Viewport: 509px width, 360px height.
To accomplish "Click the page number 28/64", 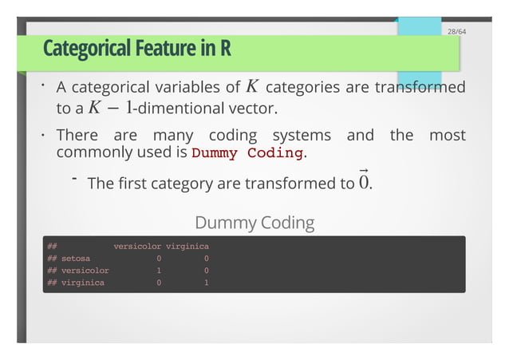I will pyautogui.click(x=456, y=31).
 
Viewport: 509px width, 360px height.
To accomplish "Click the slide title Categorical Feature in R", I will pyautogui.click(x=137, y=50).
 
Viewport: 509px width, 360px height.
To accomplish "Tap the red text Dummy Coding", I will pyautogui.click(x=247, y=152).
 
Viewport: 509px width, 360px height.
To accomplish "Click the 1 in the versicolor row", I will pyautogui.click(x=160, y=271).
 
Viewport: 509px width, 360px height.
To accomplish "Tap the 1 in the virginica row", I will pyautogui.click(x=207, y=283).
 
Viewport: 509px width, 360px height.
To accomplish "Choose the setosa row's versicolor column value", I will pyautogui.click(x=160, y=259).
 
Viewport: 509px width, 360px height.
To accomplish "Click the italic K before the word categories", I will pyautogui.click(x=252, y=86).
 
